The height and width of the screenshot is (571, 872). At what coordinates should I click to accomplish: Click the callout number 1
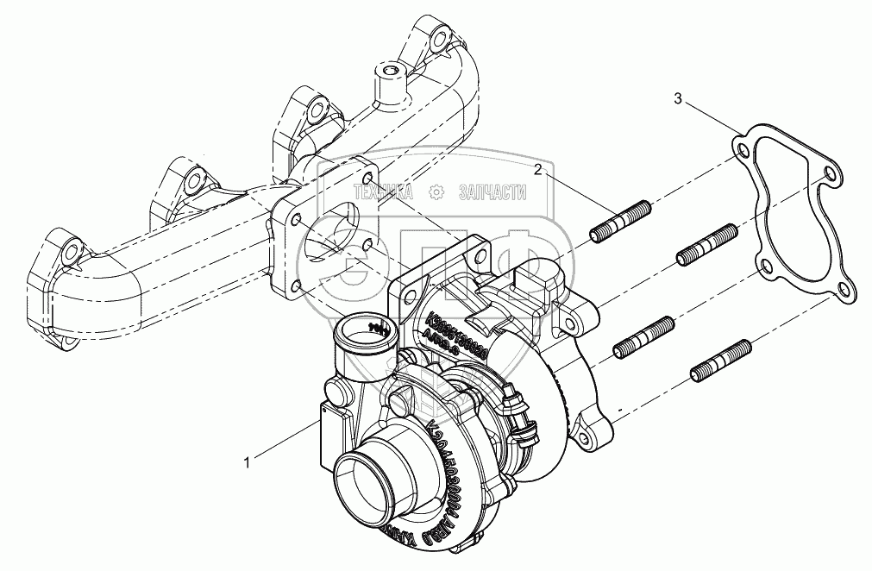tap(248, 462)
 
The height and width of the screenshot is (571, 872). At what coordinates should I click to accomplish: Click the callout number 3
tap(679, 101)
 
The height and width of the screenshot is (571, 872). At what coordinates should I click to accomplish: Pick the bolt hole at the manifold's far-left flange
tap(70, 253)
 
